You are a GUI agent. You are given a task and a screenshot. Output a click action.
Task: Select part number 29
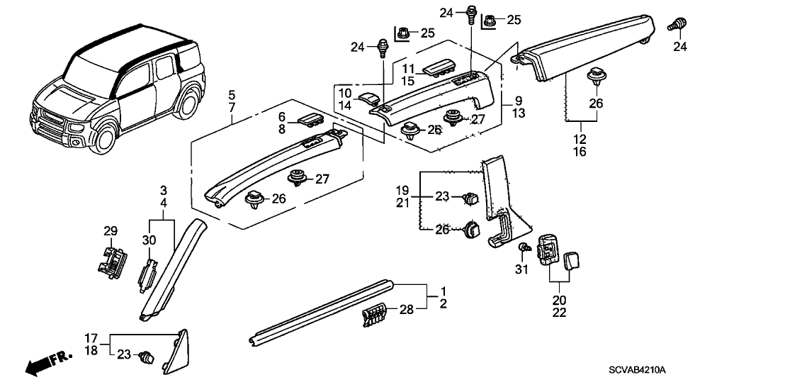[x=110, y=231]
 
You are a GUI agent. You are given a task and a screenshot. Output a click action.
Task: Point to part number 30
[x=150, y=240]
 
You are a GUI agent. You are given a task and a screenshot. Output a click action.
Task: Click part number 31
[x=523, y=271]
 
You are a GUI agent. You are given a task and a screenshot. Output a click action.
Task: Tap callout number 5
[x=232, y=94]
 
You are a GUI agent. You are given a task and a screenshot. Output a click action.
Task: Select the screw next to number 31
[x=524, y=248]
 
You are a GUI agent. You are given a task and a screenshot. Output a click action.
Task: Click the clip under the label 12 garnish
[x=596, y=79]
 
